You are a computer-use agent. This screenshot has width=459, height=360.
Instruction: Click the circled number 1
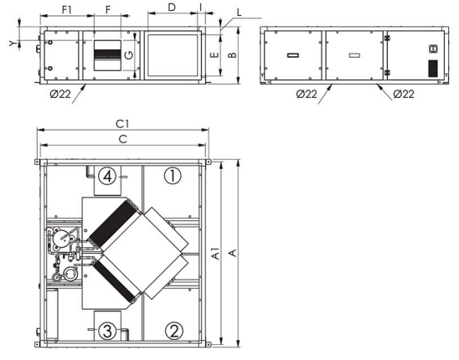171,176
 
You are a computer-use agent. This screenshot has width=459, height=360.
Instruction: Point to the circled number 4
106,176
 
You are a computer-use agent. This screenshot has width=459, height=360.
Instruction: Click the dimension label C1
124,124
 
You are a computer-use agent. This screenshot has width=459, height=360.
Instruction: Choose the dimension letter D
171,8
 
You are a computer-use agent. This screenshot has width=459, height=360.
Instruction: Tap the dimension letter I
201,8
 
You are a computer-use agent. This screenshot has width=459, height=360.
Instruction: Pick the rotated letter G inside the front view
128,55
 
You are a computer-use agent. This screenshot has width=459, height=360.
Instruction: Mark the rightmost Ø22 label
404,93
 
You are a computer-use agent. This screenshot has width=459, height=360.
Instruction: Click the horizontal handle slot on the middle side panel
354,56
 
